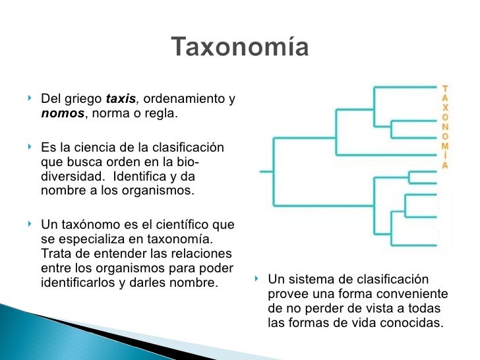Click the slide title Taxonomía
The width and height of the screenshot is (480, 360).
pyautogui.click(x=240, y=47)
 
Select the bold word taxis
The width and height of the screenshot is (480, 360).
pyautogui.click(x=121, y=100)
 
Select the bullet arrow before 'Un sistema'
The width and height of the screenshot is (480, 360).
pyautogui.click(x=259, y=279)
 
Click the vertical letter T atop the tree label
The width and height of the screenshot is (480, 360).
pyautogui.click(x=446, y=87)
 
